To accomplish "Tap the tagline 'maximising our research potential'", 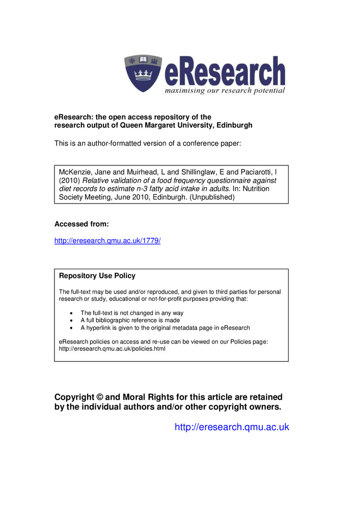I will (x=225, y=91).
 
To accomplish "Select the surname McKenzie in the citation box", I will (x=75, y=172).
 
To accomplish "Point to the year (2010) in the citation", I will (x=70, y=180).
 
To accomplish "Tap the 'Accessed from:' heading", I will (x=81, y=224).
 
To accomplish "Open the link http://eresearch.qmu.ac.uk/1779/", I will (x=107, y=241).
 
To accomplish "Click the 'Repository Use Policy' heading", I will (x=97, y=276).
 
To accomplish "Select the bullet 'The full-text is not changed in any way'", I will (x=132, y=313).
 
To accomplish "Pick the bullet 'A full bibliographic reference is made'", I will (x=130, y=321).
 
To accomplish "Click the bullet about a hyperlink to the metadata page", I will (x=165, y=328).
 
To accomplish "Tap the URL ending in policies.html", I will (x=112, y=349).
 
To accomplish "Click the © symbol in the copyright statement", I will (x=99, y=397).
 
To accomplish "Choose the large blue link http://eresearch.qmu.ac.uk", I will (x=232, y=427).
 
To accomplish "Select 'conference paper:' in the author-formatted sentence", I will (x=211, y=144).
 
